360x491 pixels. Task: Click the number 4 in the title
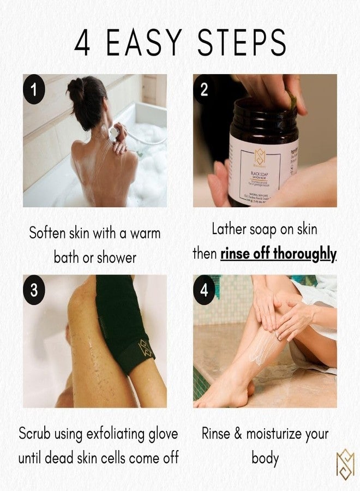point(82,42)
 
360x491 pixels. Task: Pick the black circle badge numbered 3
point(34,290)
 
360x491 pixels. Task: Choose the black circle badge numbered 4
point(204,290)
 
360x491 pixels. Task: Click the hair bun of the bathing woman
point(76,88)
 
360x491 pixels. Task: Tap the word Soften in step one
point(47,233)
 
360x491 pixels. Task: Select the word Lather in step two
point(230,230)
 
